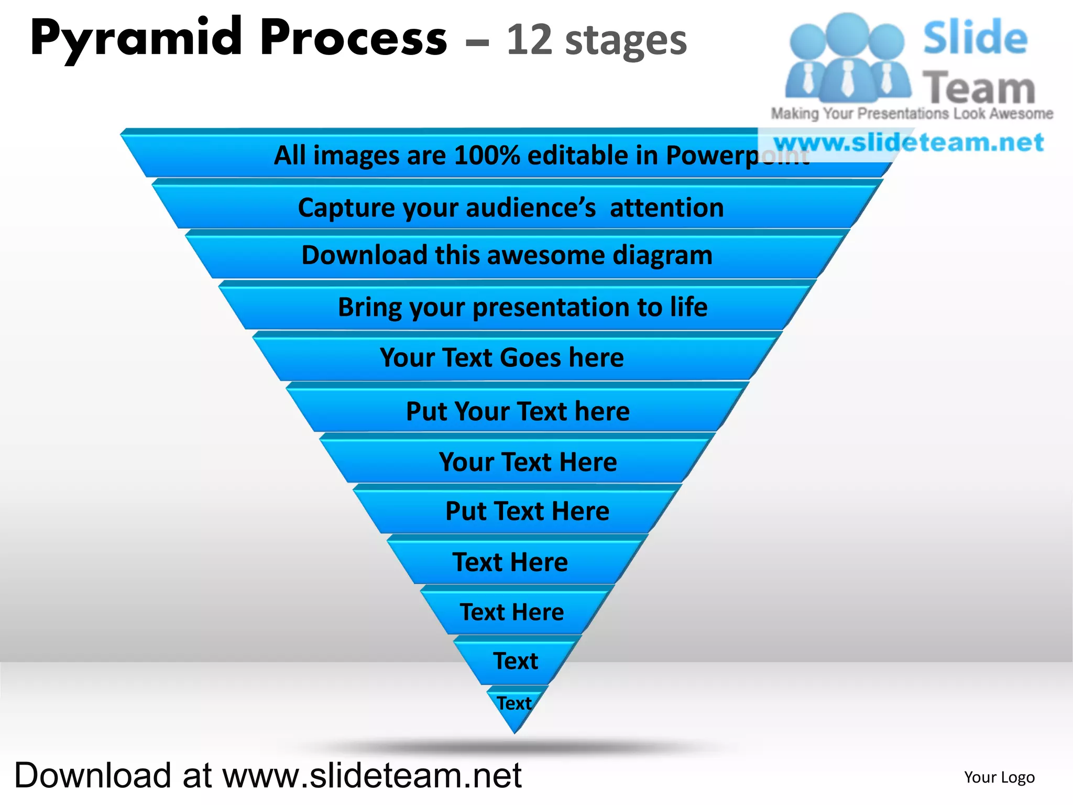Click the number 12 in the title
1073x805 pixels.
[x=529, y=40]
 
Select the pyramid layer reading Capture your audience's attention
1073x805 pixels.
[x=511, y=208]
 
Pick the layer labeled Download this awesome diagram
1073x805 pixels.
[x=507, y=255]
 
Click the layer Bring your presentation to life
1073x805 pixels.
[x=522, y=307]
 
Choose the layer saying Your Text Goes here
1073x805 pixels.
[x=502, y=358]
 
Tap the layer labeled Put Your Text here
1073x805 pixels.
[x=518, y=411]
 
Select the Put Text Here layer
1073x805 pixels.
[x=527, y=511]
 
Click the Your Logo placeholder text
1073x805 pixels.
[x=999, y=777]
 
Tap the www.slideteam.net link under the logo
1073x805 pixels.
[x=909, y=143]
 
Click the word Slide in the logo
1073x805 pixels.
[x=975, y=38]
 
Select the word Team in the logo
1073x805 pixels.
[x=979, y=88]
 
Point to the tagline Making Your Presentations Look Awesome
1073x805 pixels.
[x=912, y=114]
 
